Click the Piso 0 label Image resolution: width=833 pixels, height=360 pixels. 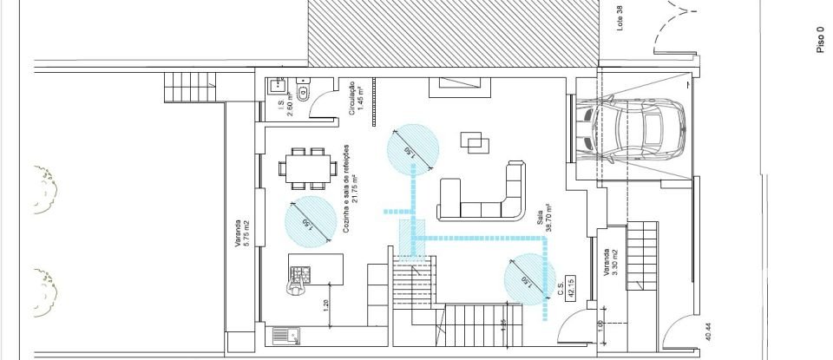pyautogui.click(x=820, y=38)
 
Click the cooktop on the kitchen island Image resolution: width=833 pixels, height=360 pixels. pyautogui.click(x=300, y=274)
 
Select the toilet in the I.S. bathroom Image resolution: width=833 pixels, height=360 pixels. pyautogui.click(x=304, y=91)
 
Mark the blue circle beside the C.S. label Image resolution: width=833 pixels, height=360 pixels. pyautogui.click(x=529, y=280)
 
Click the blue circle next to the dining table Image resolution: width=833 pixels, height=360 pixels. pyautogui.click(x=310, y=221)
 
